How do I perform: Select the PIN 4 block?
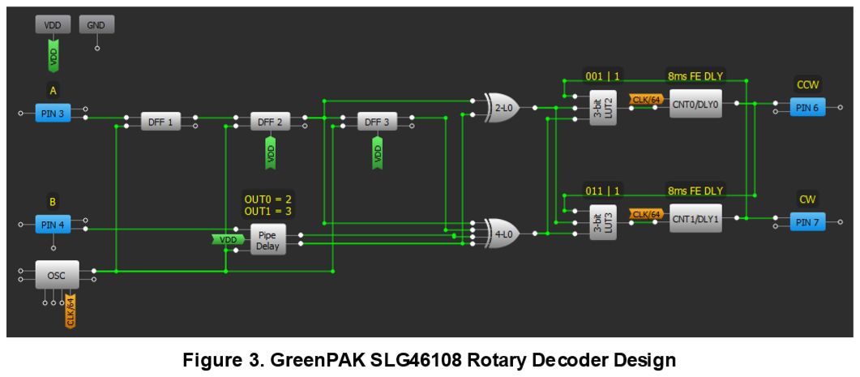tap(53, 225)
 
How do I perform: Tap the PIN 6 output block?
tap(807, 108)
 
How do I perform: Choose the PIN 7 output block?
tap(807, 221)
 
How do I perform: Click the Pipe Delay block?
tap(267, 239)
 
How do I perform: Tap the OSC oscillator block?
tap(56, 276)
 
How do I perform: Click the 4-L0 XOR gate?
tap(503, 233)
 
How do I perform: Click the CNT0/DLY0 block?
tap(695, 104)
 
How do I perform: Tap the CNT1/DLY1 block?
tap(695, 218)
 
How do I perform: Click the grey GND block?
tap(96, 25)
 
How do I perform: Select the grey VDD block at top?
tap(53, 25)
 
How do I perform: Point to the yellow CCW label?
tap(807, 84)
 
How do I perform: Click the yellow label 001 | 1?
tap(604, 77)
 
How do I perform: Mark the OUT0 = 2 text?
tap(267, 198)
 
